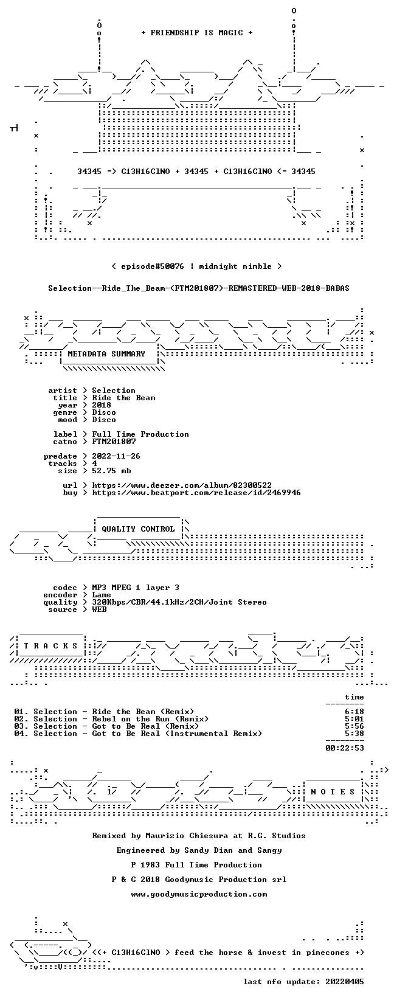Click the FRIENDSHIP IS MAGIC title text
pyautogui.click(x=197, y=33)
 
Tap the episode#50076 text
pyautogui.click(x=152, y=266)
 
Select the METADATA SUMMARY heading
pyautogui.click(x=106, y=354)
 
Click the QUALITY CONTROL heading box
pyautogui.click(x=138, y=529)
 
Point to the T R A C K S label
pyautogui.click(x=50, y=646)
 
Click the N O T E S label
pyautogui.click(x=333, y=791)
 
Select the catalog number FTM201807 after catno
pyautogui.click(x=114, y=442)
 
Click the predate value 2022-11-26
pyautogui.click(x=117, y=456)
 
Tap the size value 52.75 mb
pyautogui.click(x=111, y=471)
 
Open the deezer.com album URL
pyautogui.click(x=182, y=485)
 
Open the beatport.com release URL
pyautogui.click(x=196, y=493)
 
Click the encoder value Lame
pyautogui.click(x=102, y=595)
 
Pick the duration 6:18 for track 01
pyautogui.click(x=354, y=712)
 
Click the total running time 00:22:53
pyautogui.click(x=345, y=748)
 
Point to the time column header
pyautogui.click(x=354, y=697)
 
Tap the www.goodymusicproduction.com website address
pyautogui.click(x=199, y=894)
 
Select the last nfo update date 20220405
pyautogui.click(x=345, y=982)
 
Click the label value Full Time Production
pyautogui.click(x=140, y=434)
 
